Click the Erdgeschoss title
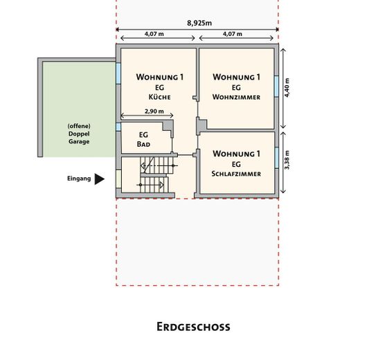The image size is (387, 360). [x=193, y=326]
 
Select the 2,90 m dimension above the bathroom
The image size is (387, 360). [x=154, y=111]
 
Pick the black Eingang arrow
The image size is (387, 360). [x=99, y=179]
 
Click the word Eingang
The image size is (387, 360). [x=79, y=179]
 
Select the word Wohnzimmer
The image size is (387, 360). [x=237, y=98]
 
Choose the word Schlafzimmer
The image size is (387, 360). [x=237, y=174]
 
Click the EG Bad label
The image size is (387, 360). [x=144, y=140]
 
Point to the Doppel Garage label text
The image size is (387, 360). [x=79, y=137]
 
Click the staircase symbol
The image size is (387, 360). [x=154, y=176]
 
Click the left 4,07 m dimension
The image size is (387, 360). [x=154, y=34]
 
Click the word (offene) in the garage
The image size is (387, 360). [x=79, y=126]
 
